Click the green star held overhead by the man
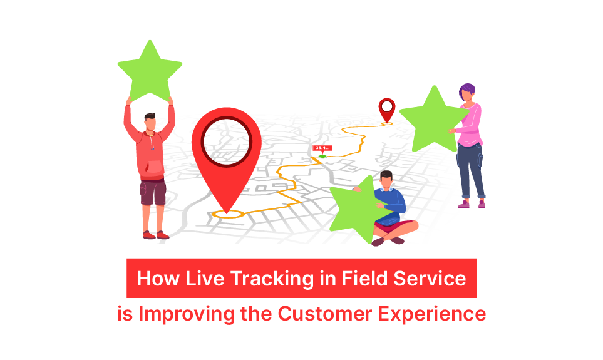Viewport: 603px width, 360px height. (x=149, y=71)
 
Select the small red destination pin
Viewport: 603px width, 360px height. (x=387, y=108)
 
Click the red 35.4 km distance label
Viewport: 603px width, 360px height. (x=322, y=148)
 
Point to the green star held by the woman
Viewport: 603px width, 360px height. (x=432, y=120)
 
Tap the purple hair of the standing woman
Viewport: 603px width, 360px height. (x=467, y=90)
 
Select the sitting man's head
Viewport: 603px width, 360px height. (x=386, y=180)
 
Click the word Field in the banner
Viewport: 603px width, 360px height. (x=356, y=279)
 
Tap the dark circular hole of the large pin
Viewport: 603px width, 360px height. (x=225, y=141)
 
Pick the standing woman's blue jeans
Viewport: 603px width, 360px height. (x=471, y=172)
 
